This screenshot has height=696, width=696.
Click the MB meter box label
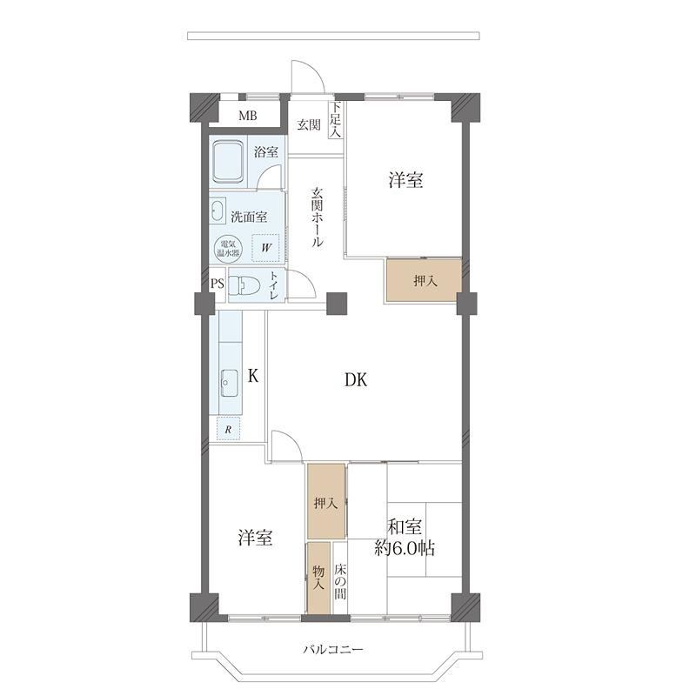247,116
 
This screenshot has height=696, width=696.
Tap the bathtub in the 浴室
228,162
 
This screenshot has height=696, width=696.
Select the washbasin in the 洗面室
218,210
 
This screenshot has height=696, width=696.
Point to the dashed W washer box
265,248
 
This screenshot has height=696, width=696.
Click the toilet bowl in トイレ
244,285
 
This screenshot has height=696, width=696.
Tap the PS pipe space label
217,284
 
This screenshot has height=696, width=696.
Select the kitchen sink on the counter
229,383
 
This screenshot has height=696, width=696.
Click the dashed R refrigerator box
228,428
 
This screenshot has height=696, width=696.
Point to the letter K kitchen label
252,377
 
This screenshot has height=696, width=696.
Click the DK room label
356,380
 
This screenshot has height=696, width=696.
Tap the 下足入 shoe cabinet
336,119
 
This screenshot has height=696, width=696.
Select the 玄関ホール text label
317,217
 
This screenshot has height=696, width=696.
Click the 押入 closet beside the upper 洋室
424,280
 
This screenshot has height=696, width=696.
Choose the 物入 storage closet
319,578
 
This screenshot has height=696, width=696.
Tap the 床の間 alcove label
340,581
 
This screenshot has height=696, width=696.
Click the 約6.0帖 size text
405,549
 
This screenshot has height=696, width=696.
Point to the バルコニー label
333,650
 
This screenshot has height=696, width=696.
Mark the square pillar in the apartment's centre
337,304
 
